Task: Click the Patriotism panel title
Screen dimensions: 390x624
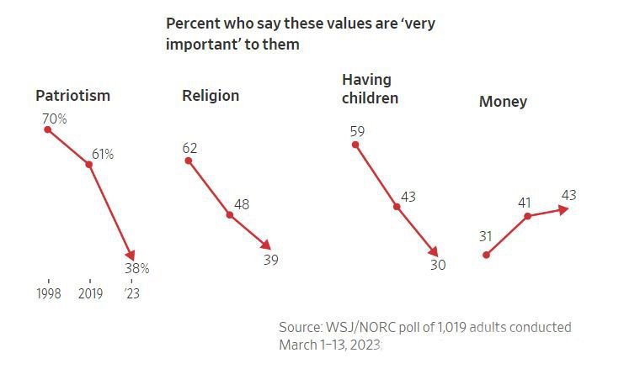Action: pyautogui.click(x=72, y=95)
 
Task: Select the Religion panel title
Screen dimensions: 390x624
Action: pyautogui.click(x=211, y=95)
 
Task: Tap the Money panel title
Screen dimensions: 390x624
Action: pyautogui.click(x=503, y=102)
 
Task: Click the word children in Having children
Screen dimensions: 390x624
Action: pyautogui.click(x=370, y=97)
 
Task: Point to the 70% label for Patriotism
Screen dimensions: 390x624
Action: pyautogui.click(x=54, y=119)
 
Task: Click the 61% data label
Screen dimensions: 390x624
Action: pyautogui.click(x=102, y=154)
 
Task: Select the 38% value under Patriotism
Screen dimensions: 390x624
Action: pyautogui.click(x=136, y=268)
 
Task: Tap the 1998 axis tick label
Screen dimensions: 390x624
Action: pyautogui.click(x=49, y=294)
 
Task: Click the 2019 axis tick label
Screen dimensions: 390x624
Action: pyautogui.click(x=90, y=294)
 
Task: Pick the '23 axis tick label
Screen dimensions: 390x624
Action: pyautogui.click(x=132, y=294)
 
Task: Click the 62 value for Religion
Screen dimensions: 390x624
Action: pyautogui.click(x=189, y=149)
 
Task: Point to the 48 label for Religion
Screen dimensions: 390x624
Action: pyautogui.click(x=241, y=204)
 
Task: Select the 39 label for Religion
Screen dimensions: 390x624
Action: pyautogui.click(x=269, y=260)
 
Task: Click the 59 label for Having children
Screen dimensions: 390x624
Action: pyautogui.click(x=356, y=131)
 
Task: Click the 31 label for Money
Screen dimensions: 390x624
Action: pyautogui.click(x=485, y=236)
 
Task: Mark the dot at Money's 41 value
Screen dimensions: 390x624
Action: pyautogui.click(x=528, y=216)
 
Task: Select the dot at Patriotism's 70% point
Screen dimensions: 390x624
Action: pyautogui.click(x=48, y=129)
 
